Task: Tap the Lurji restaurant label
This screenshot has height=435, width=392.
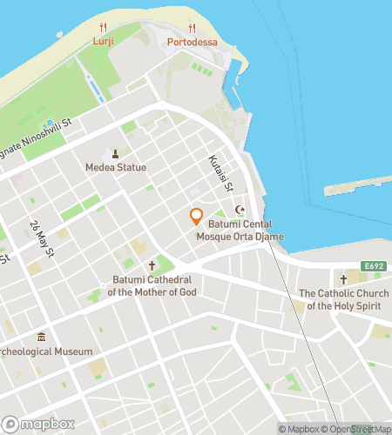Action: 103,41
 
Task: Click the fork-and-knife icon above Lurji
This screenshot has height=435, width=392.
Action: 103,27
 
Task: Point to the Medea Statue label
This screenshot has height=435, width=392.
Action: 116,167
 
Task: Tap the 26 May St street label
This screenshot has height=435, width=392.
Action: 37,238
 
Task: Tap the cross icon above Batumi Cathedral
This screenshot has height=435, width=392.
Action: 152,265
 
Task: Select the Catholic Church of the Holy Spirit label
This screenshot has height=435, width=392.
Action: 343,299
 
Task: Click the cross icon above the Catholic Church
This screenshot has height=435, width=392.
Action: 343,279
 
